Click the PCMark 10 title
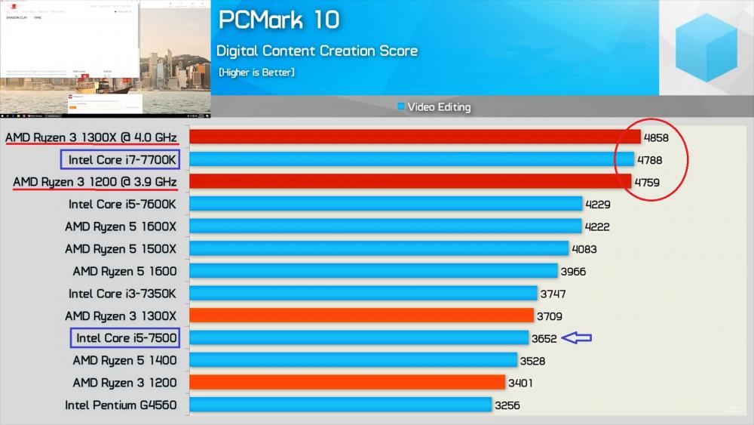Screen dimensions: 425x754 click(x=279, y=20)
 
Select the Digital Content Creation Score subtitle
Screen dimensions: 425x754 click(x=317, y=51)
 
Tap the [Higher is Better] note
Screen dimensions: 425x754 click(x=256, y=72)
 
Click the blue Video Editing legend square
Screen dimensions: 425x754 click(x=401, y=107)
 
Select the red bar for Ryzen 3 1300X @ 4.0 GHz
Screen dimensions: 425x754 click(x=415, y=137)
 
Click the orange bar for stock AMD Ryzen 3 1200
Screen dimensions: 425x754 click(x=347, y=383)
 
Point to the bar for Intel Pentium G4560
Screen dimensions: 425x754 click(x=340, y=405)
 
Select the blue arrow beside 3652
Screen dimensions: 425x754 click(x=577, y=338)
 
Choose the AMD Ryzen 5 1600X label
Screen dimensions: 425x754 click(x=121, y=226)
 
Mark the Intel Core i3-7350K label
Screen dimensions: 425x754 click(x=122, y=294)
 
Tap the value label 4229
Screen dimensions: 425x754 click(x=598, y=205)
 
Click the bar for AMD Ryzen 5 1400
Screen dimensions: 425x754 click(x=353, y=360)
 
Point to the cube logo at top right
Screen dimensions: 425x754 click(x=706, y=47)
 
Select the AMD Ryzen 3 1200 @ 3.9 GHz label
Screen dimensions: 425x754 click(x=95, y=182)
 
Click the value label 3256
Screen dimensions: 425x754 click(x=507, y=405)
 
